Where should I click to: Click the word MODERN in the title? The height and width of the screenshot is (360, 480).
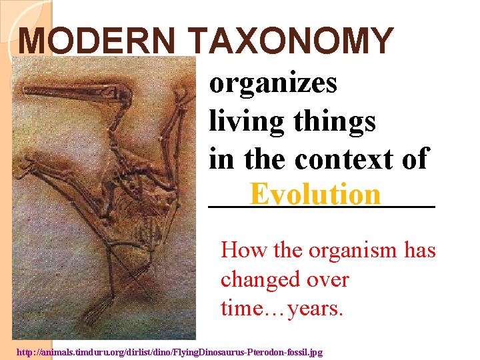[x=100, y=41]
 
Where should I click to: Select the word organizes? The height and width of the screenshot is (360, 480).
[x=273, y=84]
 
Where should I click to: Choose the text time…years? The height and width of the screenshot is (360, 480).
[x=282, y=309]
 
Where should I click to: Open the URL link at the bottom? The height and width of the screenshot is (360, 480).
[x=169, y=351]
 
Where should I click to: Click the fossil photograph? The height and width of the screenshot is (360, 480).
[x=107, y=200]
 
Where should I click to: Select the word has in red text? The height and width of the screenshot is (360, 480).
[x=419, y=250]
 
